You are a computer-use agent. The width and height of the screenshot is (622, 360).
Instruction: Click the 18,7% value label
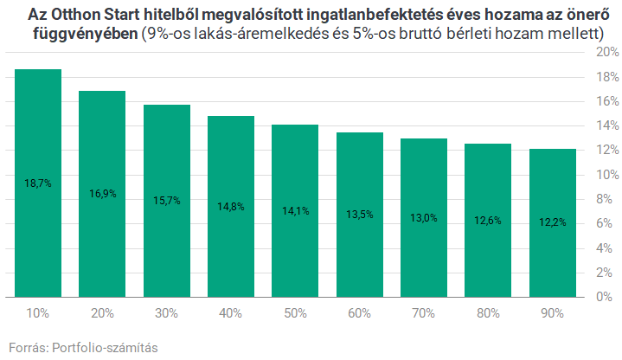point(38,184)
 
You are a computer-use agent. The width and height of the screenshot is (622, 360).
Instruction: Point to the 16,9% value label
point(102,193)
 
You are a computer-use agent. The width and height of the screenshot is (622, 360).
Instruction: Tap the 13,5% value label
point(359,215)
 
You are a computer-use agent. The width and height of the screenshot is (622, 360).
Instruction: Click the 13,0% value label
point(424,218)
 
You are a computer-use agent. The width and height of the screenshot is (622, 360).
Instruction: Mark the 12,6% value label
point(488,221)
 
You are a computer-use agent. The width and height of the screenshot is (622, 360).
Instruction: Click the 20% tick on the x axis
point(102,312)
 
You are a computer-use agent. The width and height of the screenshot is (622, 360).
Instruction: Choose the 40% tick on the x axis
point(231,312)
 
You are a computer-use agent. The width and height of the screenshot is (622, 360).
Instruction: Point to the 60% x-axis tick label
point(359,312)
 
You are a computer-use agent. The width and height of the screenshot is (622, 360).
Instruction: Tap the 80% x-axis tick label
point(488,312)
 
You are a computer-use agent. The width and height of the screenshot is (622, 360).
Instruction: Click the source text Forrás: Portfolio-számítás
point(84,347)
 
